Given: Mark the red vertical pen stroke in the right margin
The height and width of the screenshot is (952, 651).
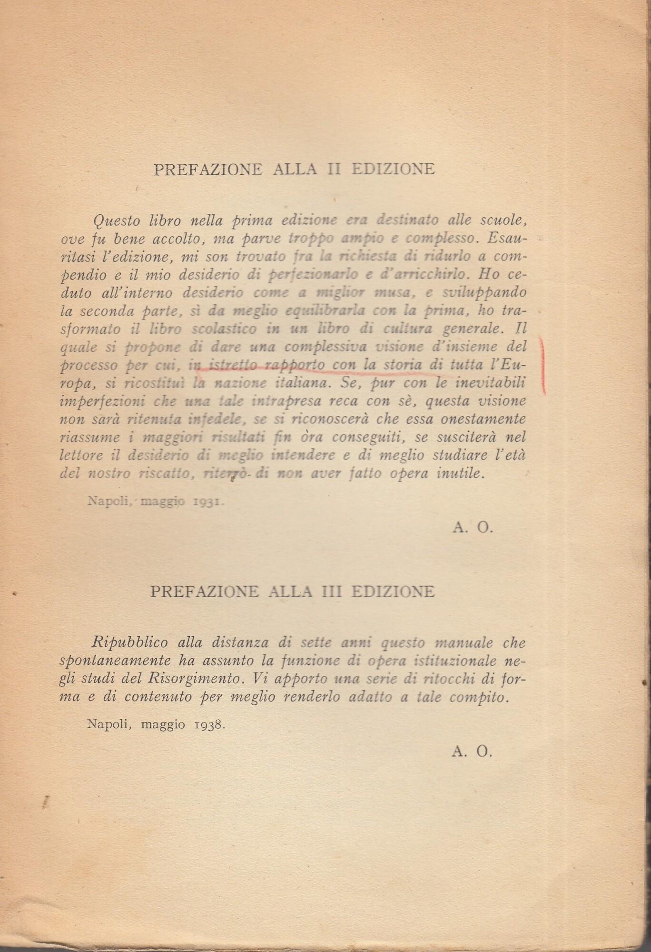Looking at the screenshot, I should [x=543, y=364].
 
